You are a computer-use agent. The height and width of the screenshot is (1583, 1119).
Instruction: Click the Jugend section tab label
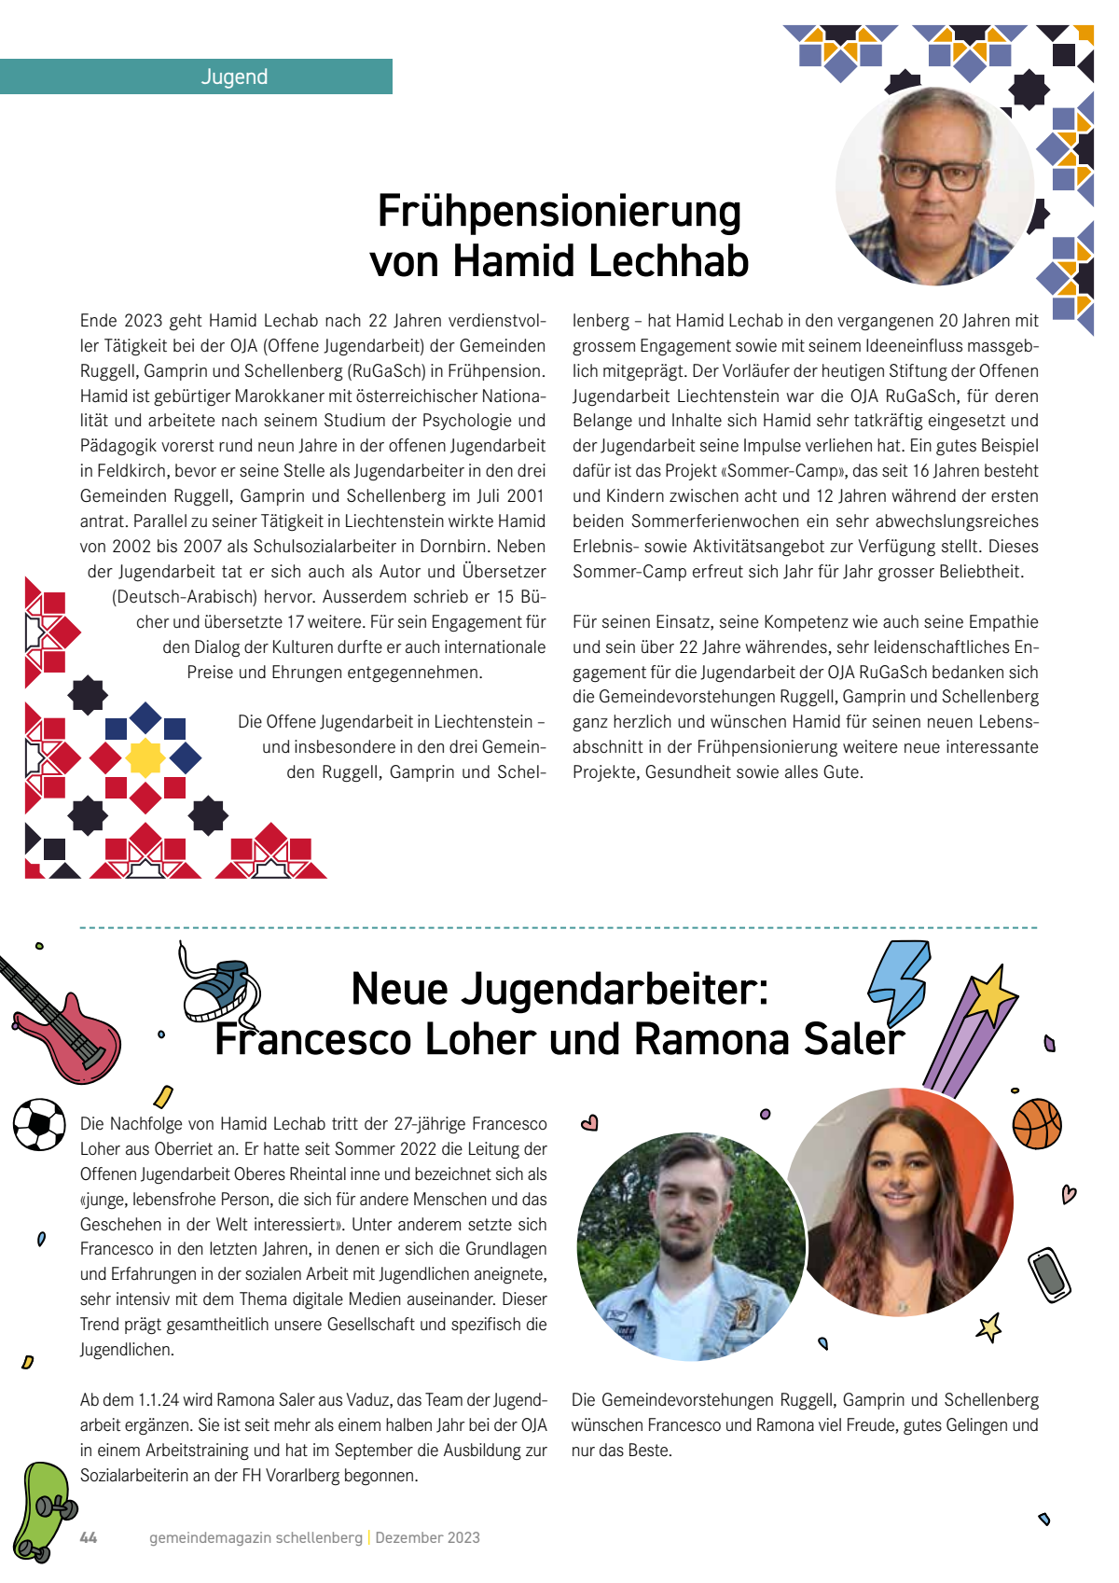pos(234,76)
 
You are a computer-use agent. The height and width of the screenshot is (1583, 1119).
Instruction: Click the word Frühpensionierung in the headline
pos(559,211)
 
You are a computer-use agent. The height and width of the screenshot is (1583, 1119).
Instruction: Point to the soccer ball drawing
pos(39,1124)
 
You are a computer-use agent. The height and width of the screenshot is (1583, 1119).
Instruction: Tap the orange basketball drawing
pos(1037,1123)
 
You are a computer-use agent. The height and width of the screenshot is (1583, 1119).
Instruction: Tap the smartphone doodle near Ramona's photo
pos(1049,1274)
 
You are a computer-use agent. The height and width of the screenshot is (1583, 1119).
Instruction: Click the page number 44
pos(89,1537)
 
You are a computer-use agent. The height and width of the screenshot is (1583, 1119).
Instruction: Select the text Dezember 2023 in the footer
pos(427,1537)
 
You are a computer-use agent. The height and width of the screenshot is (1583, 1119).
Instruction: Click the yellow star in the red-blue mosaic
pos(145,757)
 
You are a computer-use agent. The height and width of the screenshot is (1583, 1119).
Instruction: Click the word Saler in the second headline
pos(854,1039)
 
